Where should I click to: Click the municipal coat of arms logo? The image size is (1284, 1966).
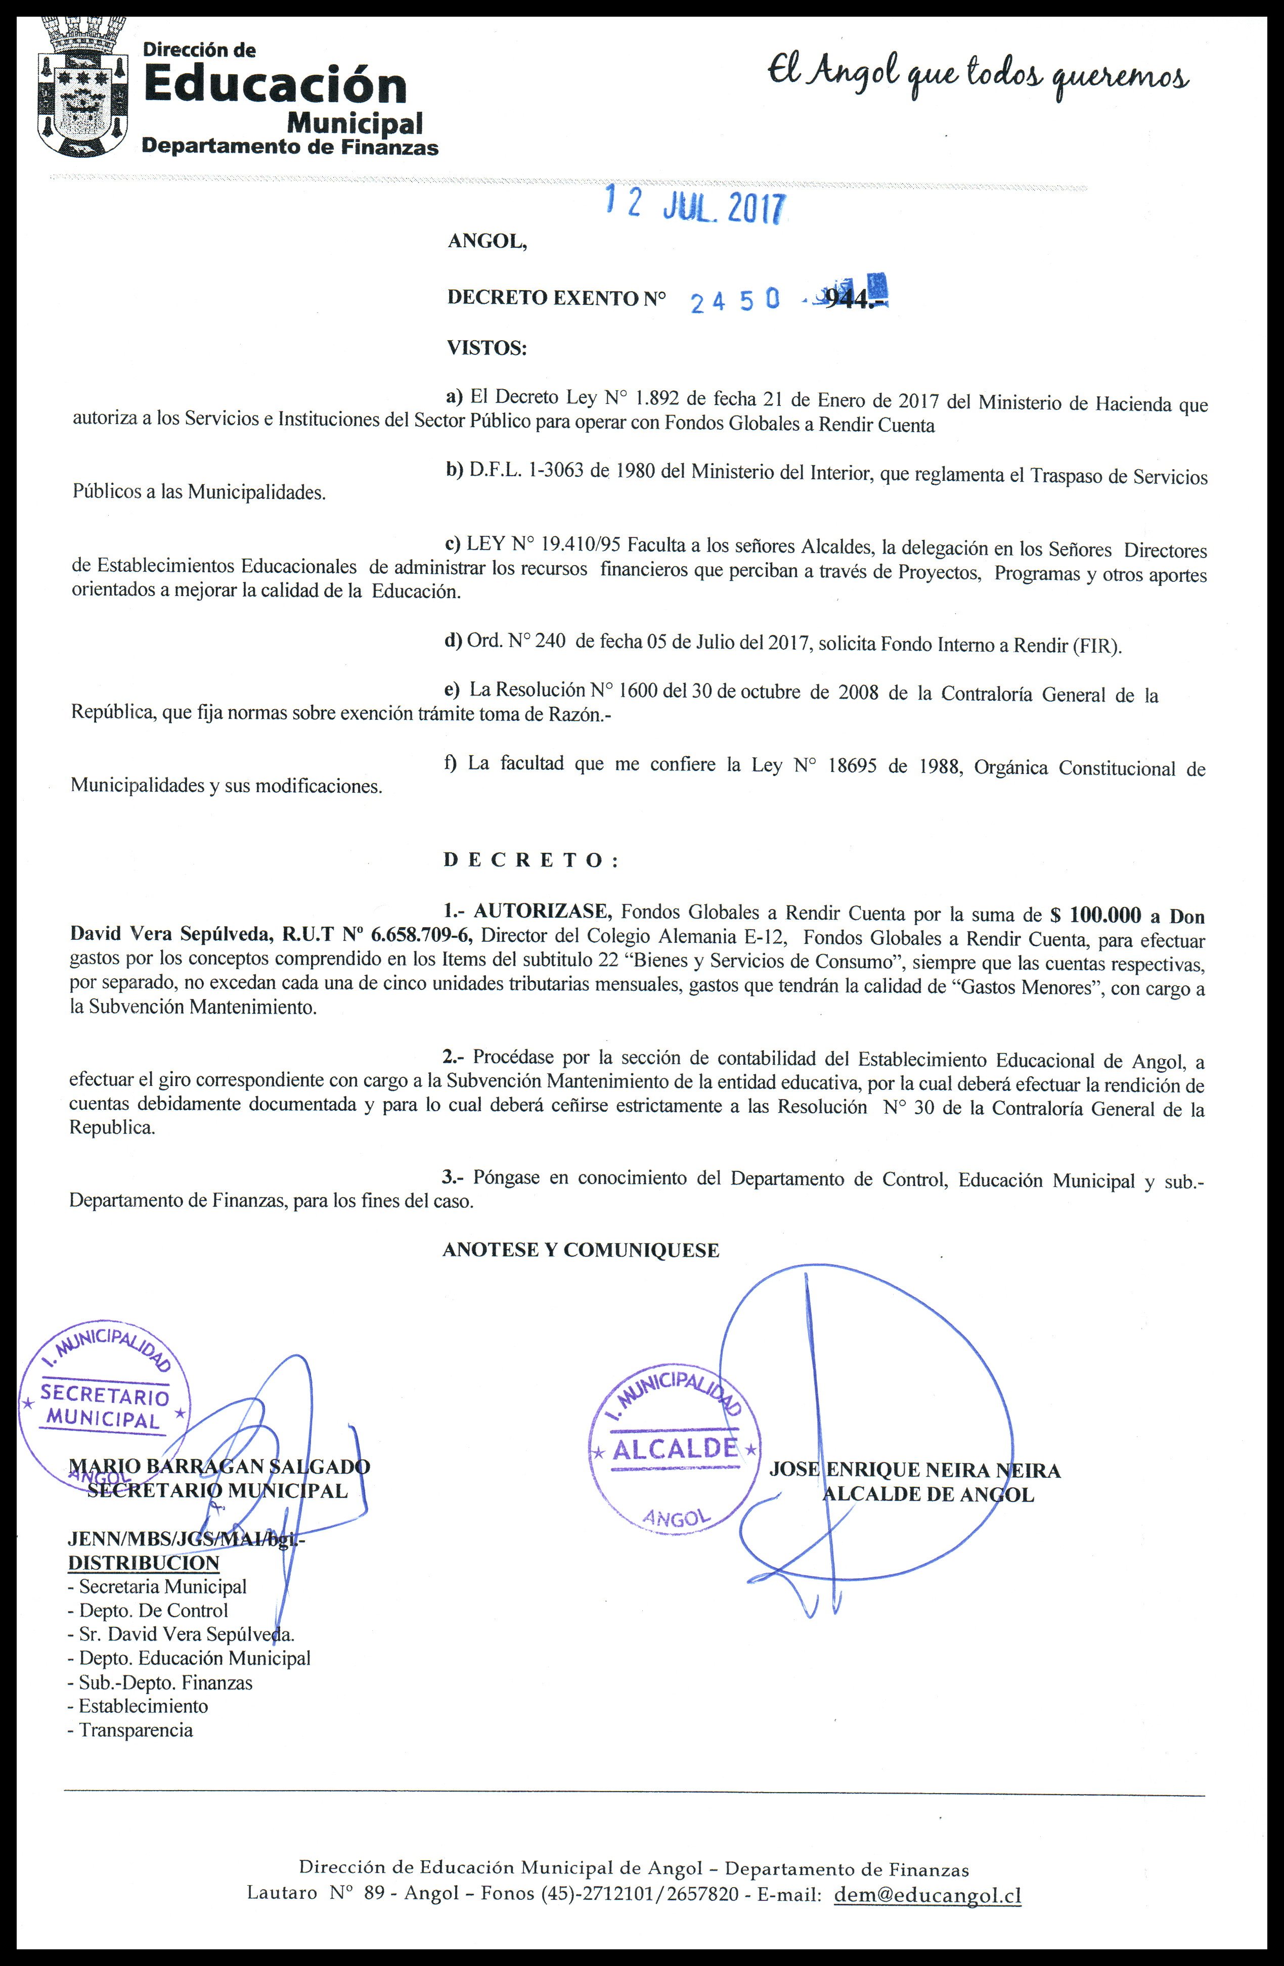[82, 87]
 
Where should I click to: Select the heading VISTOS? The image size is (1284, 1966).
[486, 348]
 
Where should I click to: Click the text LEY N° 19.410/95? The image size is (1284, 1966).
[545, 544]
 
